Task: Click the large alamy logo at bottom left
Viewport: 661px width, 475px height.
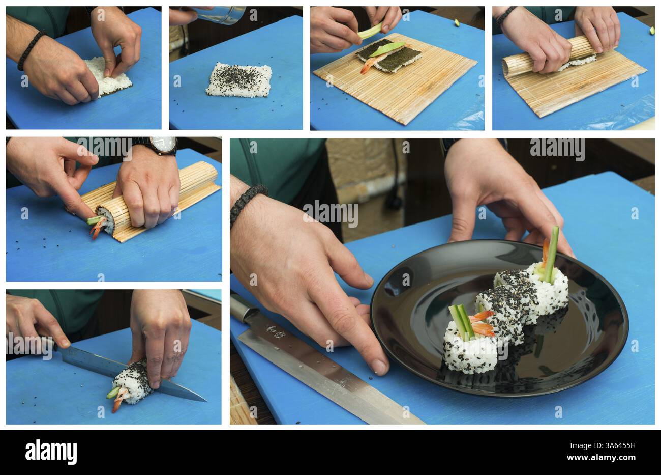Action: tap(51, 452)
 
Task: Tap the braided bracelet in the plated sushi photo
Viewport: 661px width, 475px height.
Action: tap(248, 204)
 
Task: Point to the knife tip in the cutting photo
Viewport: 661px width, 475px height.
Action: tap(203, 400)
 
